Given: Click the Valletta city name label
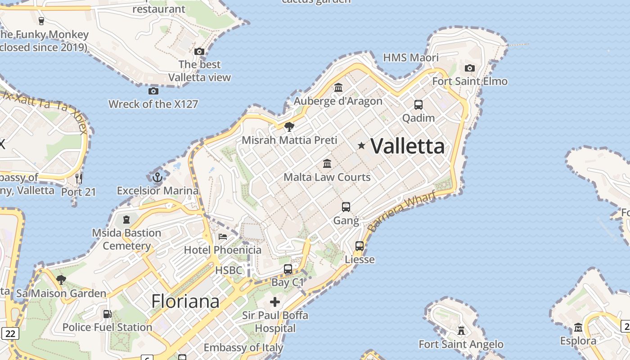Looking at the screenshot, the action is pyautogui.click(x=407, y=146).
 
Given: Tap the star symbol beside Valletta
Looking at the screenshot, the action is pyautogui.click(x=361, y=145).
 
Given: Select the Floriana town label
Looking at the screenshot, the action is pyautogui.click(x=185, y=301).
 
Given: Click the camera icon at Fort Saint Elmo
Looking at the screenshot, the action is pyautogui.click(x=470, y=68).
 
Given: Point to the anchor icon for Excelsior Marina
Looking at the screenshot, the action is pyautogui.click(x=157, y=177).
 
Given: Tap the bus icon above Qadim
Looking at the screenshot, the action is pyautogui.click(x=418, y=105).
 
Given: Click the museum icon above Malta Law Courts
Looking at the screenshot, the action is pyautogui.click(x=327, y=163).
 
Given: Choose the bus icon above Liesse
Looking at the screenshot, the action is pyautogui.click(x=360, y=246).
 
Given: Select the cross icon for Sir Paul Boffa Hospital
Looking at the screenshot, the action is pyautogui.click(x=275, y=301).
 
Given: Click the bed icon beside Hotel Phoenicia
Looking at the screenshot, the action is pyautogui.click(x=222, y=236).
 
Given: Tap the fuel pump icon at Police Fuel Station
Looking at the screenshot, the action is pyautogui.click(x=107, y=314).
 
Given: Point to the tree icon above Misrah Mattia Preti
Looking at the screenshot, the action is pyautogui.click(x=289, y=126).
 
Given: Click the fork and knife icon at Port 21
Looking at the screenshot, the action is pyautogui.click(x=79, y=178).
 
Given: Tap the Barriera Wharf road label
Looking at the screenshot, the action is pyautogui.click(x=401, y=211).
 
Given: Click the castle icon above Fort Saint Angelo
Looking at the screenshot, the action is pyautogui.click(x=461, y=331).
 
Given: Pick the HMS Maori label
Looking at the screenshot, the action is pyautogui.click(x=410, y=58).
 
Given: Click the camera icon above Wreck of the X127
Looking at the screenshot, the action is pyautogui.click(x=153, y=91).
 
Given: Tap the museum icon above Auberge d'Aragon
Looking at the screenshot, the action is pyautogui.click(x=338, y=87).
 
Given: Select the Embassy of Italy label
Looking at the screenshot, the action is pyautogui.click(x=243, y=347).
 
